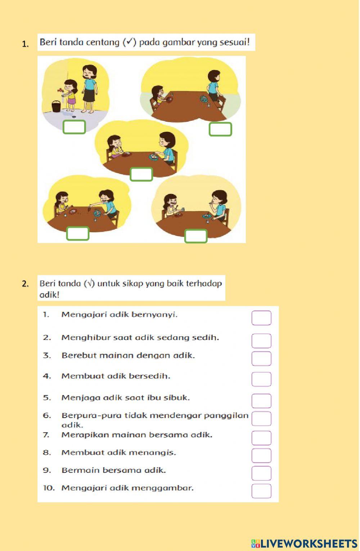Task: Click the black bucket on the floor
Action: click(56, 106)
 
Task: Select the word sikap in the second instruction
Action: click(133, 284)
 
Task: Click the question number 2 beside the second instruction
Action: click(25, 284)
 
